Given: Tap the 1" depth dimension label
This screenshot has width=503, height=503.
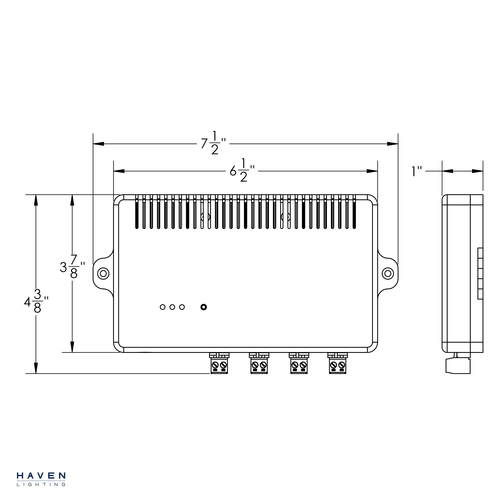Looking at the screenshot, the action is [x=416, y=172].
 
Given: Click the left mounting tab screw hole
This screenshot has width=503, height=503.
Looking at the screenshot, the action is [x=103, y=273].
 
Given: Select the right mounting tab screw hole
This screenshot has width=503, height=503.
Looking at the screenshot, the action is [x=388, y=273].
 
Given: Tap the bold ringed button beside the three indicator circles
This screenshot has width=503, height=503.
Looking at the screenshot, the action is [x=204, y=307].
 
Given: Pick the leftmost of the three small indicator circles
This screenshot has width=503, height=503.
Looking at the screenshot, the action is [x=162, y=307].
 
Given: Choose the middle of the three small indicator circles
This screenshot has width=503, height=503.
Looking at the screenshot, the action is [x=172, y=307].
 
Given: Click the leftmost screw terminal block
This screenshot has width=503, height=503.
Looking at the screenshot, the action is [x=219, y=363].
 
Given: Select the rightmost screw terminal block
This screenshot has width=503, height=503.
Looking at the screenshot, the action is [x=337, y=363].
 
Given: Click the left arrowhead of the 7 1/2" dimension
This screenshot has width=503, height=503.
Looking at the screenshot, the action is [x=98, y=144].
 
